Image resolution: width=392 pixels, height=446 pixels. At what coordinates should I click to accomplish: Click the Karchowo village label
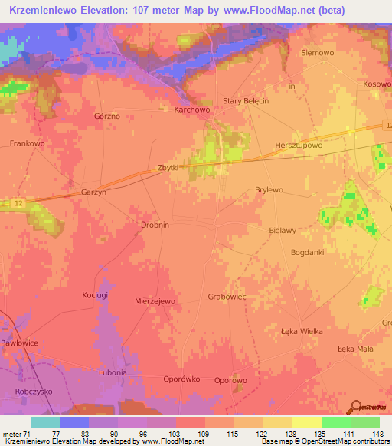click(x=192, y=110)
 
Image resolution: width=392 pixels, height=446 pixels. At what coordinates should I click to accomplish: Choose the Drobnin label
click(x=155, y=225)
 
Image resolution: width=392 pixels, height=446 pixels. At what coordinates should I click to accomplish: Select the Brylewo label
click(x=269, y=189)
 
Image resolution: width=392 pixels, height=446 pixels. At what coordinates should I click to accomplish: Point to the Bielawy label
click(x=283, y=230)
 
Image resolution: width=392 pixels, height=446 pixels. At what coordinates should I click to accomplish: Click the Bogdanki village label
click(x=308, y=252)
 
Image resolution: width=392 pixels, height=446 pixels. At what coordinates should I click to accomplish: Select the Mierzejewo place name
click(x=155, y=302)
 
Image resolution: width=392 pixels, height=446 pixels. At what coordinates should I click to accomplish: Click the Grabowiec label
click(x=226, y=296)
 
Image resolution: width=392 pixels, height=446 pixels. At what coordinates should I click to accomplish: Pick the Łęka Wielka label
click(x=302, y=331)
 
